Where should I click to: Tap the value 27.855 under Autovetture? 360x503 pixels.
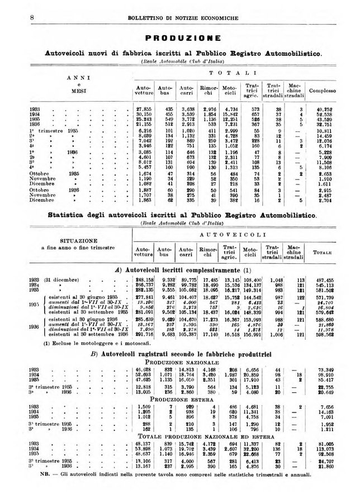[145, 110]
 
